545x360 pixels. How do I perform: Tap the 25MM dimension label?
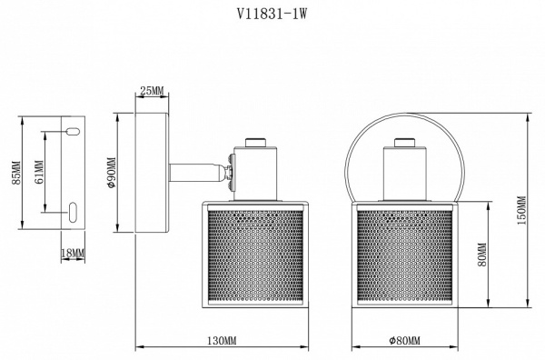point(152,90)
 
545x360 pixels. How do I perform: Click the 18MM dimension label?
point(72,252)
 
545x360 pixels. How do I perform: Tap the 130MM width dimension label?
point(222,341)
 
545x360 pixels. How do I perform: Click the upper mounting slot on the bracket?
point(72,134)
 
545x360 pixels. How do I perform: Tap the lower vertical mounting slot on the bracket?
point(72,213)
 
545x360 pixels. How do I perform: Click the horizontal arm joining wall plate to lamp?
point(196,170)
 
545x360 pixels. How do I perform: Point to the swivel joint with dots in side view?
point(231,172)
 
